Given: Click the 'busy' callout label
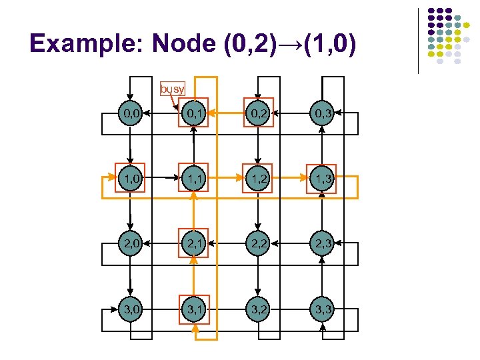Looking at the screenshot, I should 172,89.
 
